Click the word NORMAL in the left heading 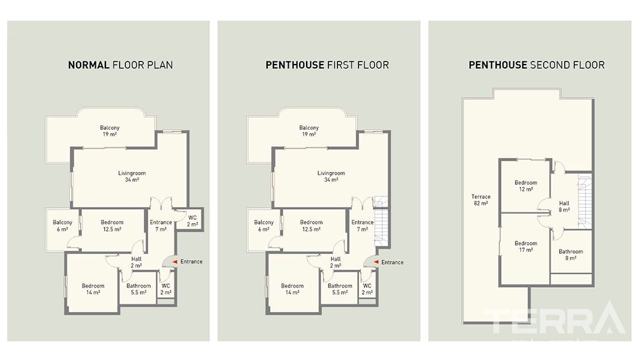pyautogui.click(x=88, y=65)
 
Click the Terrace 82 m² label pyautogui.click(x=481, y=200)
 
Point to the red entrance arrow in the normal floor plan pyautogui.click(x=174, y=262)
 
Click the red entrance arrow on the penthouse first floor pyautogui.click(x=376, y=262)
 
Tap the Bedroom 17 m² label pyautogui.click(x=526, y=246)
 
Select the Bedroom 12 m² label pyautogui.click(x=526, y=186)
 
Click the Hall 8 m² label pyautogui.click(x=564, y=207)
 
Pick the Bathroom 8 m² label pyautogui.click(x=571, y=254)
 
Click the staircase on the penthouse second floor pyautogui.click(x=585, y=201)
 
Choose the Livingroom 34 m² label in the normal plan pyautogui.click(x=132, y=176)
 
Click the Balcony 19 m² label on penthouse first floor pyautogui.click(x=309, y=131)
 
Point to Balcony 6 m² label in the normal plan pyautogui.click(x=63, y=226)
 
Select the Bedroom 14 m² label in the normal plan pyautogui.click(x=93, y=289)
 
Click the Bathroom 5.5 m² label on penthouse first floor pyautogui.click(x=340, y=289)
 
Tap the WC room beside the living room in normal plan pyautogui.click(x=190, y=220)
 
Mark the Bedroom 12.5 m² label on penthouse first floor pyautogui.click(x=311, y=226)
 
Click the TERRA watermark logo pyautogui.click(x=554, y=318)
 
